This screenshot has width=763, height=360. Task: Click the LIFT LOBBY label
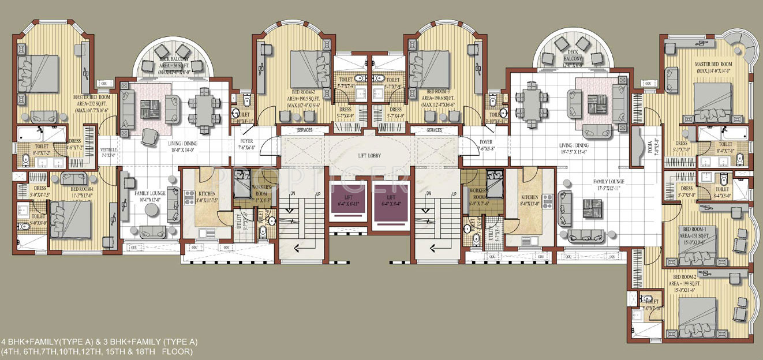pos(370,156)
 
